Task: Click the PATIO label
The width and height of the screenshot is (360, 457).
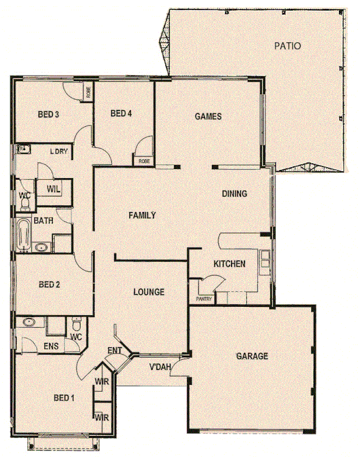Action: [286, 46]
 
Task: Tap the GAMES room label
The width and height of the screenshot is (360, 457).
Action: [208, 117]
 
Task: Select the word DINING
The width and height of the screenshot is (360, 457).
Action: [234, 194]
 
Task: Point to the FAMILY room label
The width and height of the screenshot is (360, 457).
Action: [142, 215]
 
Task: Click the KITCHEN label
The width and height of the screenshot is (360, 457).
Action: [229, 264]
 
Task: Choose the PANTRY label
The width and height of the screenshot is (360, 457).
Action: [203, 299]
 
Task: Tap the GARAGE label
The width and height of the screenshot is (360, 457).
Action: [252, 356]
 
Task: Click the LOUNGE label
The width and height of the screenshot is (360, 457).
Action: [149, 292]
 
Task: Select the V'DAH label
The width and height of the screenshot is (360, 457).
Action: [161, 367]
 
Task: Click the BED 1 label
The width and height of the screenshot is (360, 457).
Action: [64, 398]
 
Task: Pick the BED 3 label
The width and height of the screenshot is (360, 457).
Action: [49, 114]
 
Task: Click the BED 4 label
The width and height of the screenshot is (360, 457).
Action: [121, 113]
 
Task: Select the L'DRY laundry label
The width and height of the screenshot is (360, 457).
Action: [59, 151]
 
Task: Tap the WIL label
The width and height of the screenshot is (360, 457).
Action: [53, 189]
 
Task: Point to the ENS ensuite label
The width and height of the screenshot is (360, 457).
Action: [51, 346]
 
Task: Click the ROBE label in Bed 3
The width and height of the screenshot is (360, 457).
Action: [89, 92]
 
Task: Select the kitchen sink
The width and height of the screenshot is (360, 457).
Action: [265, 260]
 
